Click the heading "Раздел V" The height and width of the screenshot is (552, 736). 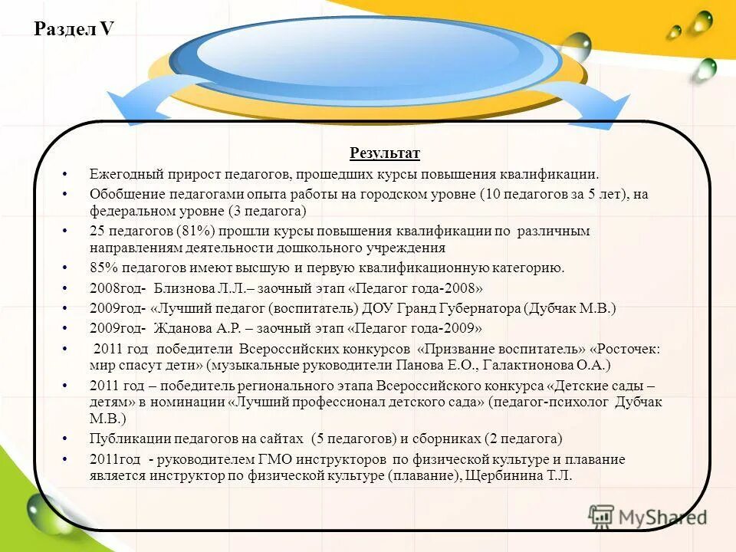(x=74, y=29)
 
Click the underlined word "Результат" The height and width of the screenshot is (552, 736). (x=385, y=153)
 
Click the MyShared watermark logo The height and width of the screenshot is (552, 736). (x=648, y=517)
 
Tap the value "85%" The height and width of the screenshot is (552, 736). (x=103, y=268)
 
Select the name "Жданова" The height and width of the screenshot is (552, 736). (x=183, y=327)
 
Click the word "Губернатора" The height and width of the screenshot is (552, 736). (x=481, y=307)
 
